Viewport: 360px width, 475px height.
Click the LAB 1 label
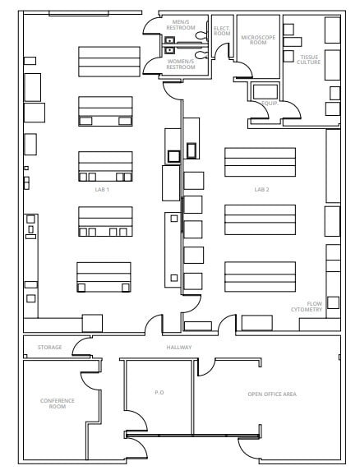(103, 189)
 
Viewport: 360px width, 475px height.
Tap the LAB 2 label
(261, 189)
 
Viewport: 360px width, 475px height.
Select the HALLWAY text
(180, 348)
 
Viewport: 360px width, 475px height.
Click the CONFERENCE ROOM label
(58, 403)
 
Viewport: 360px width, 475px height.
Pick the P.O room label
(159, 394)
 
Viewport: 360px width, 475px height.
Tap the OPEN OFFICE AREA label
(272, 394)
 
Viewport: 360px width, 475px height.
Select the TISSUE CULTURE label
(310, 60)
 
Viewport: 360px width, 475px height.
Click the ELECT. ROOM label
(222, 31)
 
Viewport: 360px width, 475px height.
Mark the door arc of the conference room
(88, 382)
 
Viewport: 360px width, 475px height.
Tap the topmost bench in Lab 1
(104, 60)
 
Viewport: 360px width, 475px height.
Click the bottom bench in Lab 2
(260, 277)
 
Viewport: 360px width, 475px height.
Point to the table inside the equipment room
(265, 90)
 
